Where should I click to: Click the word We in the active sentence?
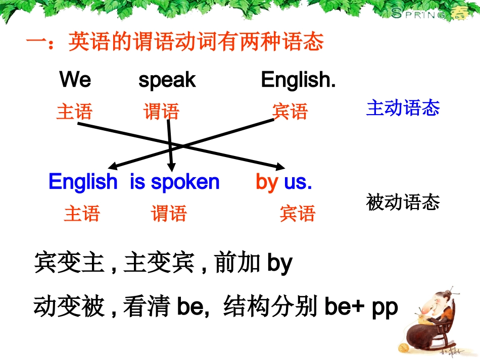click(x=75, y=80)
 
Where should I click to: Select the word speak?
click(x=167, y=80)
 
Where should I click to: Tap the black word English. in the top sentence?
click(x=298, y=80)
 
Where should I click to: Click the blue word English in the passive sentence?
click(x=83, y=182)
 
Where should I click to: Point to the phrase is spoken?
click(x=175, y=182)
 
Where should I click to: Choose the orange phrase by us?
click(x=284, y=182)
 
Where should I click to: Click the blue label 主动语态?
click(x=403, y=108)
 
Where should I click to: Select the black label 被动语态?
click(x=403, y=202)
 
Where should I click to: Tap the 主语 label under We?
click(x=74, y=112)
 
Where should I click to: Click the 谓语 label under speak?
click(x=161, y=112)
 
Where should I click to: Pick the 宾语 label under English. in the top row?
click(x=290, y=112)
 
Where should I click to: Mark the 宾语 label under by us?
click(x=297, y=214)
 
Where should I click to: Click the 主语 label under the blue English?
click(x=82, y=214)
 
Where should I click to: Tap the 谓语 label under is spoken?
click(x=169, y=214)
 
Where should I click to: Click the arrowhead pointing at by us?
click(x=281, y=168)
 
